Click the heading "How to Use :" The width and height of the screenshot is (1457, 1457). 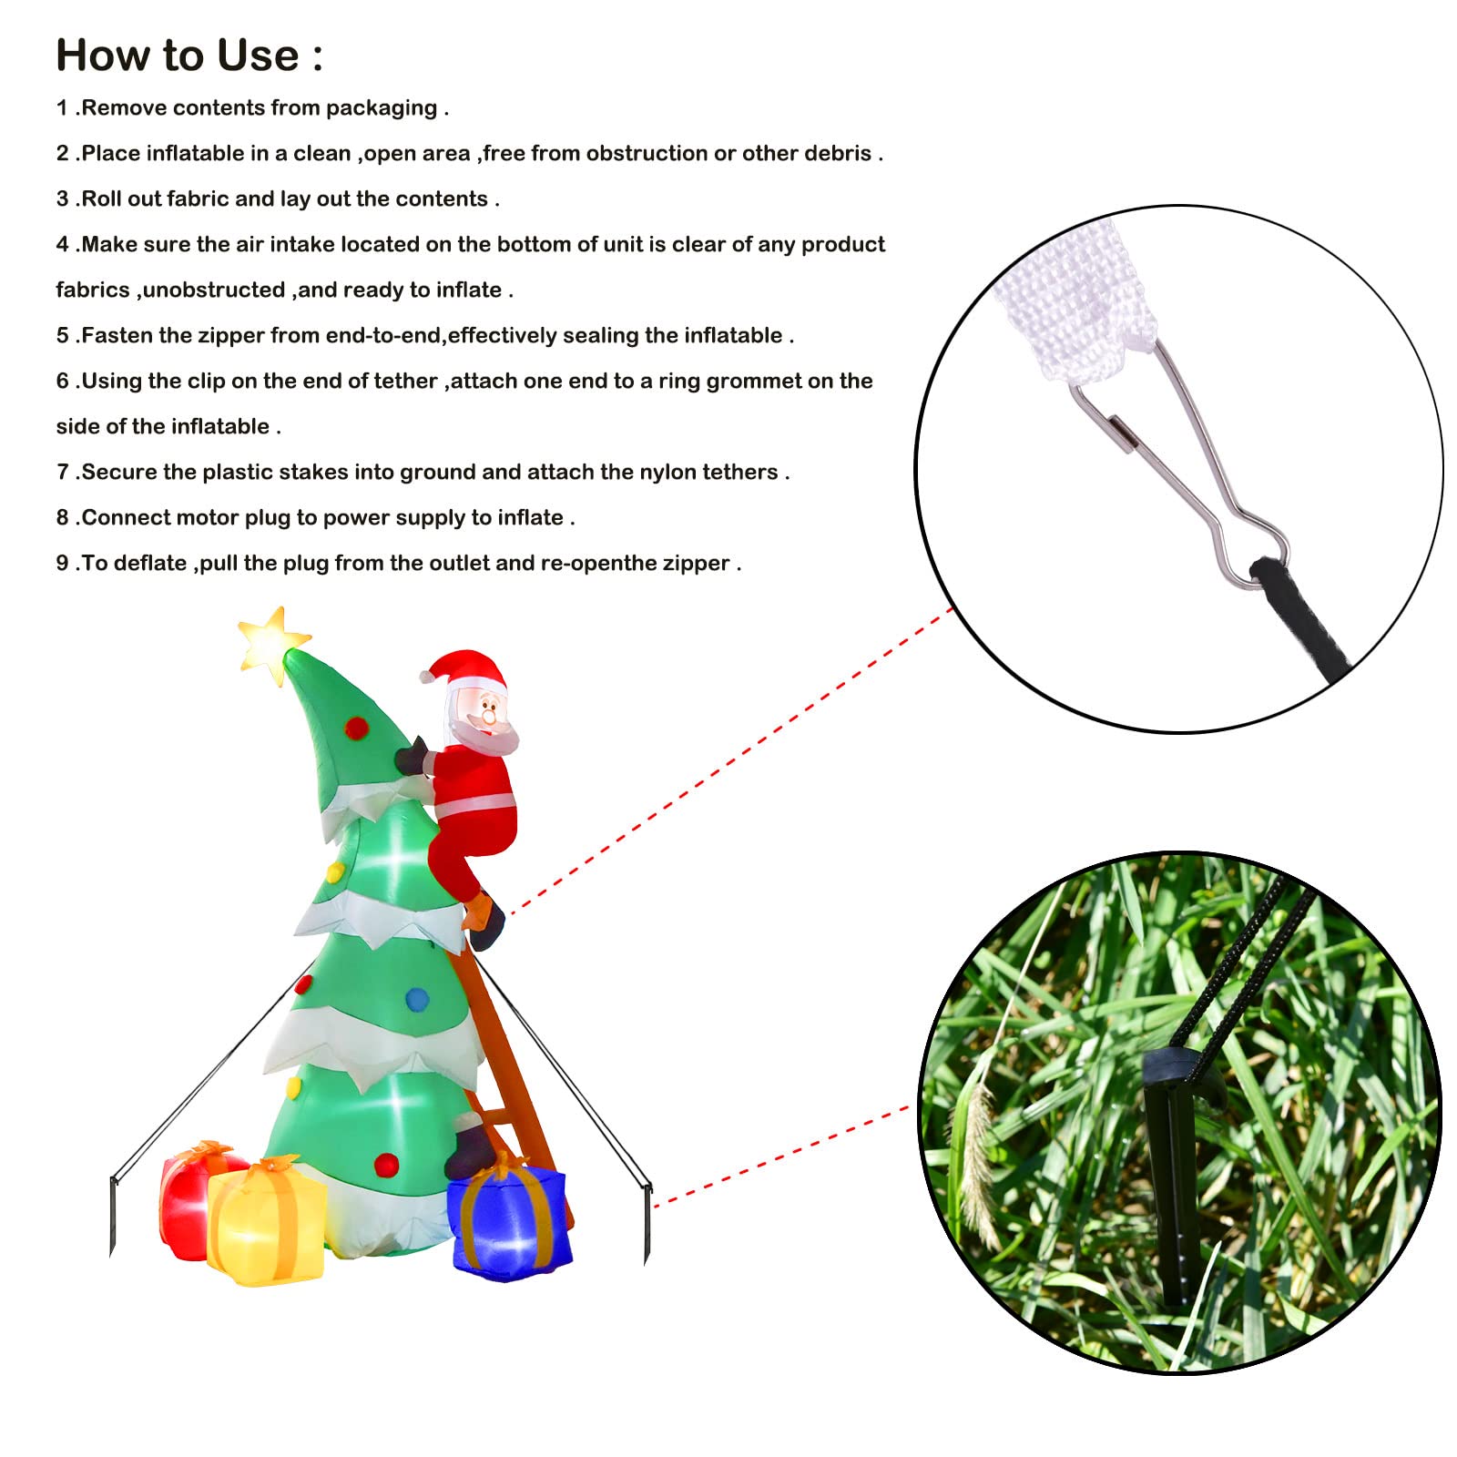point(189,56)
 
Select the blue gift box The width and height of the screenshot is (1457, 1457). point(510,1218)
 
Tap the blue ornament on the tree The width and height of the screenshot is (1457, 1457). point(417,999)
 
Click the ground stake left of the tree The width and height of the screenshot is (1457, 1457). point(113,1217)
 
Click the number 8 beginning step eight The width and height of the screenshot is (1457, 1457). point(62,517)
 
